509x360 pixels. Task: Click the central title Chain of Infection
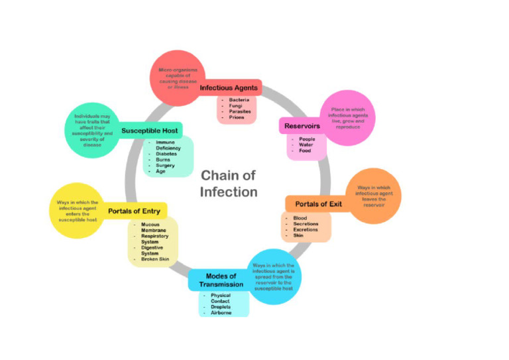(229, 184)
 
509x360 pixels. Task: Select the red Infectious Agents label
(229, 88)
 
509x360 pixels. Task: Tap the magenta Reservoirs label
(302, 125)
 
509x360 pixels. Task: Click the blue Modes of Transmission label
(221, 280)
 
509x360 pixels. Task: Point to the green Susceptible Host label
(151, 131)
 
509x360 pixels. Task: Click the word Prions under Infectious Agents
(237, 117)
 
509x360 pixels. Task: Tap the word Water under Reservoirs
(306, 145)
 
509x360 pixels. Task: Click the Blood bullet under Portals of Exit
(300, 217)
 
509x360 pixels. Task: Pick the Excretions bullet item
(306, 229)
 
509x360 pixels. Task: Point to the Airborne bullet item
(221, 312)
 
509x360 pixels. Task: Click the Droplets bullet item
(221, 306)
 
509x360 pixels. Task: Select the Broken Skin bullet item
(155, 259)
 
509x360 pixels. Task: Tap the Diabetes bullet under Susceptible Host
(166, 154)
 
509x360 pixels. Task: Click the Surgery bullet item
(165, 165)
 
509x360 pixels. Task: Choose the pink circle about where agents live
(347, 118)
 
